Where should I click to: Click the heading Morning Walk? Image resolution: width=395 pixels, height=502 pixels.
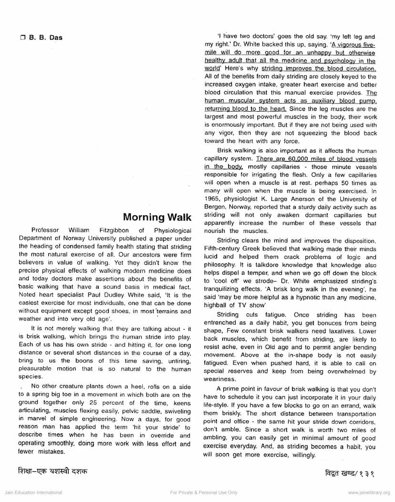point(157,218)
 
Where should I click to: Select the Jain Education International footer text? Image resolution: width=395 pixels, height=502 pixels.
point(33,492)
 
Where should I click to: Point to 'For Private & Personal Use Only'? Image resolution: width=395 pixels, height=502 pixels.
point(204,492)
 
